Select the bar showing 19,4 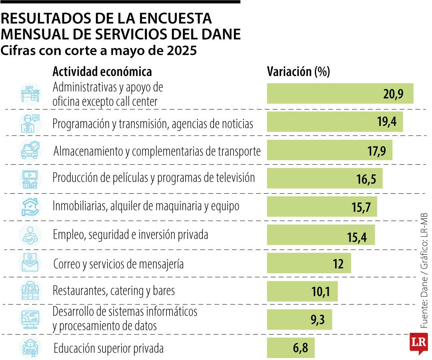tap(334, 122)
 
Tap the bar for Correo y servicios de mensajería tap(308, 264)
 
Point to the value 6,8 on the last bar tap(300, 348)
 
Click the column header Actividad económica tap(102, 72)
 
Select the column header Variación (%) tap(298, 72)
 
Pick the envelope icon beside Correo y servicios tap(30, 263)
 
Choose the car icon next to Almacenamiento tap(30, 150)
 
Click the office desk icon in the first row tap(30, 94)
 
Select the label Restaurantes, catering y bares tap(114, 290)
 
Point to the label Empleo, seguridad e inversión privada tap(130, 235)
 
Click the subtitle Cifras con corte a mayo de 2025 tap(99, 51)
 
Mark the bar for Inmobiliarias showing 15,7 tap(322, 207)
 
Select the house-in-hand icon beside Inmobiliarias tap(30, 207)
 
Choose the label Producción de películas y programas tap(154, 178)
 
